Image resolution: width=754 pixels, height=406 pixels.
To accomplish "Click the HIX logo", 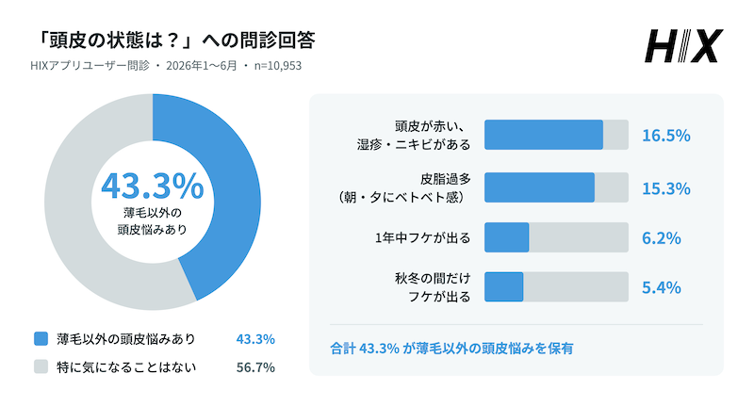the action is tap(684, 46).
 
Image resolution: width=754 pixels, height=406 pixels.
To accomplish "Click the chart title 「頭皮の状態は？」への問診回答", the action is tap(176, 41).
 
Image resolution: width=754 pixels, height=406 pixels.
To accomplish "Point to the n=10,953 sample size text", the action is tap(278, 66).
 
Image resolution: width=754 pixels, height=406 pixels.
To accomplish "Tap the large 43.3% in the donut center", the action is tap(153, 186).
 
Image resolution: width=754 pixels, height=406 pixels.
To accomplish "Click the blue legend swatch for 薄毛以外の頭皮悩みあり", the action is tap(41, 339).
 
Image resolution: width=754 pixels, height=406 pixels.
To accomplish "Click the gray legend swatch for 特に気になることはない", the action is tap(41, 366).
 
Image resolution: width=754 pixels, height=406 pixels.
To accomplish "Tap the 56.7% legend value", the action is tap(255, 367).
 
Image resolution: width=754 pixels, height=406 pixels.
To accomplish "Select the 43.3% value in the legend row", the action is tap(255, 339).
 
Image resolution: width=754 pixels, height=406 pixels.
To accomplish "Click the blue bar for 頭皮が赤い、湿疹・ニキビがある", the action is tap(544, 135).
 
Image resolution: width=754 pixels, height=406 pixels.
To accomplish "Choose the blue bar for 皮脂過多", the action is tap(539, 187).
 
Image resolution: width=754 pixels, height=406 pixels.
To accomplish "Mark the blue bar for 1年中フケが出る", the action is tap(506, 237).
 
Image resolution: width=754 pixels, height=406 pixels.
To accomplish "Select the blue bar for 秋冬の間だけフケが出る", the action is tap(503, 287).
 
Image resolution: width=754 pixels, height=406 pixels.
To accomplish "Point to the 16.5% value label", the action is tap(666, 136).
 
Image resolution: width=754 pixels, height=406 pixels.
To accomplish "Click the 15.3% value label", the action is tap(666, 188).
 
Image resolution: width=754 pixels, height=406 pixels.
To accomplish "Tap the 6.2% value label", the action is tap(662, 238).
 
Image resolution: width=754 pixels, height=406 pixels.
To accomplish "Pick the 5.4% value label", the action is tap(662, 288).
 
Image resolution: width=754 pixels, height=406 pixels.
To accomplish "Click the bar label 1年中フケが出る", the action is tap(422, 237).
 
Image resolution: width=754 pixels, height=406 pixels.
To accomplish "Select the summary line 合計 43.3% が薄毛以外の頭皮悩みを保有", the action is tap(451, 349).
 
